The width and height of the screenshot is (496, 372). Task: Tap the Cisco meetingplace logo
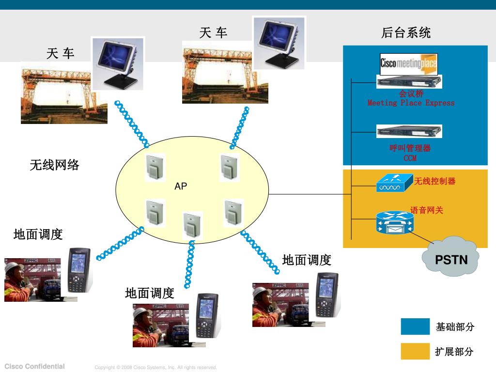tap(408, 63)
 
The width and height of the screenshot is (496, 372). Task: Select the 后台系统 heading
tap(406, 33)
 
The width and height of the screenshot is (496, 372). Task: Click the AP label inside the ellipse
tap(181, 186)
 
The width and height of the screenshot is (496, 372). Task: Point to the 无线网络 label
tap(54, 165)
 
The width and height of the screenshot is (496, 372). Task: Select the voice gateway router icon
tap(394, 222)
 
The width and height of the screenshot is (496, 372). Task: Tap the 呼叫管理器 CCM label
tap(410, 153)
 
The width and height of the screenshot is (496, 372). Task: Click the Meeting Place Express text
tap(411, 103)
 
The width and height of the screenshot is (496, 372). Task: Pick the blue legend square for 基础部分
tap(415, 326)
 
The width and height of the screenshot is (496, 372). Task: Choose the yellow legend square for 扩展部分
tap(415, 351)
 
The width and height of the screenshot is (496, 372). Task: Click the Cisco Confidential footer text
tap(34, 366)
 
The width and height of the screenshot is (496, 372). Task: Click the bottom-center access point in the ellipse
tap(192, 225)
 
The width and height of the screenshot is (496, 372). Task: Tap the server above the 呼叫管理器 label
tap(409, 131)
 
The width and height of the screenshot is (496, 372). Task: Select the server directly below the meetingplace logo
tap(409, 81)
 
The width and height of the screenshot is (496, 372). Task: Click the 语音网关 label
tap(427, 210)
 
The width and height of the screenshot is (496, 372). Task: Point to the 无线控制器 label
tap(434, 181)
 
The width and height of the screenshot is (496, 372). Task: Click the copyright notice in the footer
tap(155, 368)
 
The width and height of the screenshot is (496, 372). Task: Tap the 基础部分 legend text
tap(455, 327)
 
